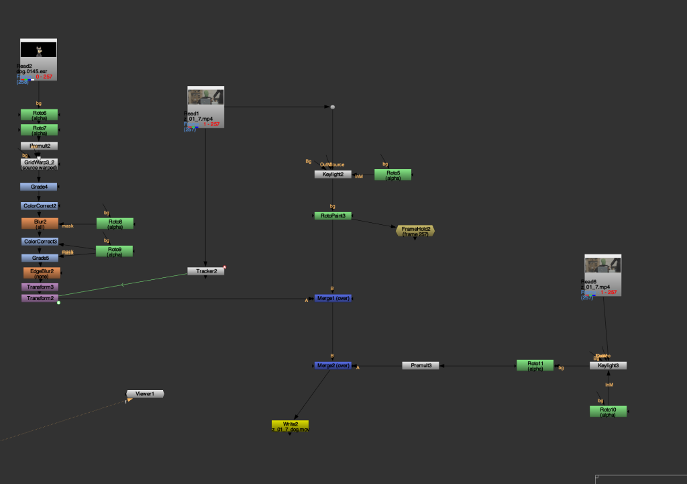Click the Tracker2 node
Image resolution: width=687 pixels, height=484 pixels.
click(205, 271)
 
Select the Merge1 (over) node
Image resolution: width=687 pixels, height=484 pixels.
click(333, 297)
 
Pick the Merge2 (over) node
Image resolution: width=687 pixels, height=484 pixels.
click(333, 365)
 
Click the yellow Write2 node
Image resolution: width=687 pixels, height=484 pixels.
click(290, 426)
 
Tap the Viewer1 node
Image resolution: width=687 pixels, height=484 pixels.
click(145, 393)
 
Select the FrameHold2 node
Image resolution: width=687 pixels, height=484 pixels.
click(415, 230)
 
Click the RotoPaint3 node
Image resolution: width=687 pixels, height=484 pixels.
click(333, 215)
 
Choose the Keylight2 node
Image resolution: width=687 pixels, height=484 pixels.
click(333, 174)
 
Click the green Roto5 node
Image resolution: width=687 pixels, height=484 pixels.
click(392, 174)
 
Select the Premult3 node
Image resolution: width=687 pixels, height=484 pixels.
click(421, 365)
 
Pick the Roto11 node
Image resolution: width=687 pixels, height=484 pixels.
click(535, 365)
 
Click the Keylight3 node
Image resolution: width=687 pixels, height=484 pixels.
click(608, 365)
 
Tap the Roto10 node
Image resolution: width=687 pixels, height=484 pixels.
click(608, 411)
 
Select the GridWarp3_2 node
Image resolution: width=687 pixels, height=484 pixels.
click(39, 164)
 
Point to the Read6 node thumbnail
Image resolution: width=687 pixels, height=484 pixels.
click(602, 264)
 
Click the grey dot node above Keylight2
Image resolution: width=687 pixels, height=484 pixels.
click(332, 107)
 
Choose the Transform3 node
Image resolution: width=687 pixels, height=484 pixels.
click(39, 287)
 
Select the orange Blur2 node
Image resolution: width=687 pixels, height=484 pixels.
click(40, 223)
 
